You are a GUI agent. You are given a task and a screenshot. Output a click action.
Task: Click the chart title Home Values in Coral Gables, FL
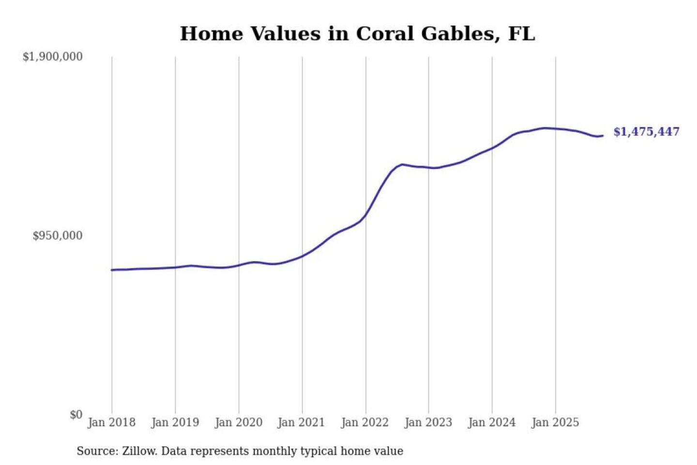[x=357, y=34]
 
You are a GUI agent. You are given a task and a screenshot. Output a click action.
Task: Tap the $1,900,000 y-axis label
[x=53, y=57]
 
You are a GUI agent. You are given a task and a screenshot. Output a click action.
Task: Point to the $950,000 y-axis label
[x=58, y=236]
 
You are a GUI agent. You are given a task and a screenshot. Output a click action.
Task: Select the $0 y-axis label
[x=76, y=415]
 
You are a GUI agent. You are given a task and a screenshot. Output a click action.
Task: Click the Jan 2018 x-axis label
[x=111, y=422]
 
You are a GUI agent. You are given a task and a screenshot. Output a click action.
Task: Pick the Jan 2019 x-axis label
[x=175, y=422]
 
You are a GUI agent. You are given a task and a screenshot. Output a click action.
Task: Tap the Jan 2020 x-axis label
[x=238, y=422]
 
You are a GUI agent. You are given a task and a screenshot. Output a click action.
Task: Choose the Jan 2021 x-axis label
[x=301, y=422]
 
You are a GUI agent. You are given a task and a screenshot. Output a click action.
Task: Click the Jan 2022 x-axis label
[x=364, y=422]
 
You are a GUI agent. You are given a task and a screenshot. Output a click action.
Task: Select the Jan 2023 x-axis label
[x=428, y=422]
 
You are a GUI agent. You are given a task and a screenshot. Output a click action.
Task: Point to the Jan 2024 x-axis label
[x=491, y=422]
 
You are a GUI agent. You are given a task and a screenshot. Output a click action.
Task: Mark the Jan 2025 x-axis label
[x=555, y=422]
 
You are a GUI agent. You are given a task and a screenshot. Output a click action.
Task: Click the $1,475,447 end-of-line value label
[x=646, y=132]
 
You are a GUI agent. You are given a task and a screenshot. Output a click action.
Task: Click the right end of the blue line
[x=602, y=136]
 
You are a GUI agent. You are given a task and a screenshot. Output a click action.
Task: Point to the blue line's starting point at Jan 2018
[x=112, y=270]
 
